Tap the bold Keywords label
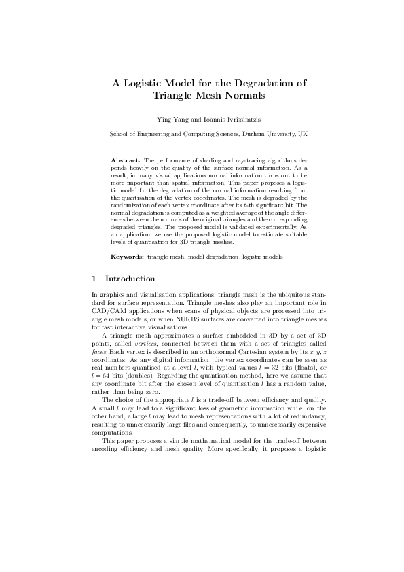(127, 257)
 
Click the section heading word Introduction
(130, 279)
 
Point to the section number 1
(94, 279)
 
